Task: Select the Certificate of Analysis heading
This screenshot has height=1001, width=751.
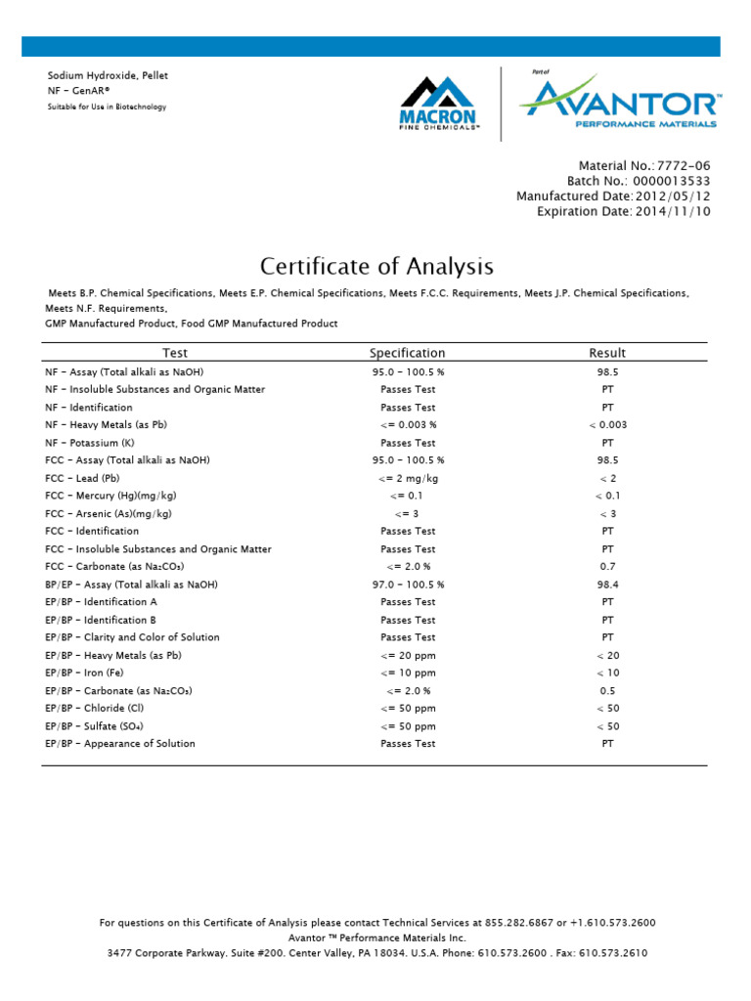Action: click(376, 266)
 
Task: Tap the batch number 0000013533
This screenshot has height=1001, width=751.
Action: click(674, 181)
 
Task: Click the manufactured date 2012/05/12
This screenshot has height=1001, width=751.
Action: click(673, 196)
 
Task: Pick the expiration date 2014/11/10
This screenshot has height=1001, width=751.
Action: click(673, 210)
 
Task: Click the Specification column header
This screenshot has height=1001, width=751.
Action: click(407, 353)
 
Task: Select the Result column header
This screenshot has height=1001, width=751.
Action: click(607, 353)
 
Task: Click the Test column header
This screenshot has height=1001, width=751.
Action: click(175, 353)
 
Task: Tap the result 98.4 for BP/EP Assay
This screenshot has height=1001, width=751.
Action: click(607, 585)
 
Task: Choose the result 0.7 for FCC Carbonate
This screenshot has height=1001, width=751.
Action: click(607, 567)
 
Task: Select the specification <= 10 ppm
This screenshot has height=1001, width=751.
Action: click(408, 674)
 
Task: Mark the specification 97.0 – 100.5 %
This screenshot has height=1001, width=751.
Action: click(408, 585)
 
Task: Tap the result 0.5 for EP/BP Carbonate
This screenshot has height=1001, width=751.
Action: click(607, 691)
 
